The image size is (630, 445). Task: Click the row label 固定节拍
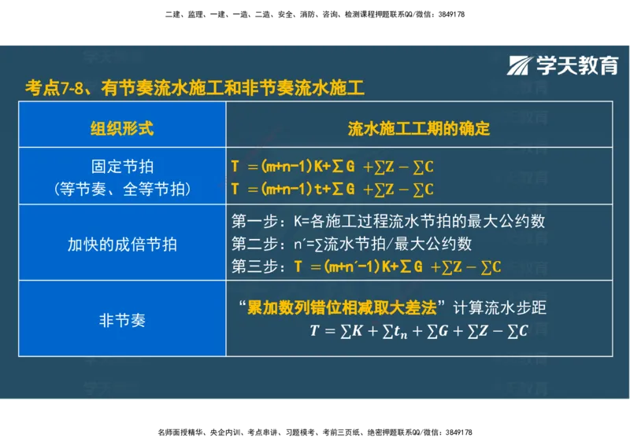pyautogui.click(x=122, y=167)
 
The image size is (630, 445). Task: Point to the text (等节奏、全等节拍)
pyautogui.click(x=122, y=189)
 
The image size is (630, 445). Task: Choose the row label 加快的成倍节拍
pyautogui.click(x=122, y=244)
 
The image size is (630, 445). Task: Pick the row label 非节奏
pyautogui.click(x=122, y=321)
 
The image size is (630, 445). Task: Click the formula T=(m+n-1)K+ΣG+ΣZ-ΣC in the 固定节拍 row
pyautogui.click(x=332, y=167)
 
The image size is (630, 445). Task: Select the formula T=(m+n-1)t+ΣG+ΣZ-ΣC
pyautogui.click(x=332, y=189)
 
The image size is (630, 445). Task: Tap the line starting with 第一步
pyautogui.click(x=388, y=221)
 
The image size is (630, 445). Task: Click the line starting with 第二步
pyautogui.click(x=352, y=244)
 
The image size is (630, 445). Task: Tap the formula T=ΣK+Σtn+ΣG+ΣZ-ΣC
pyautogui.click(x=418, y=331)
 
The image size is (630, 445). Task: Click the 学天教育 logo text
pyautogui.click(x=577, y=66)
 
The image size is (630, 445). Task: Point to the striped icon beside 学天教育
pyautogui.click(x=521, y=66)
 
